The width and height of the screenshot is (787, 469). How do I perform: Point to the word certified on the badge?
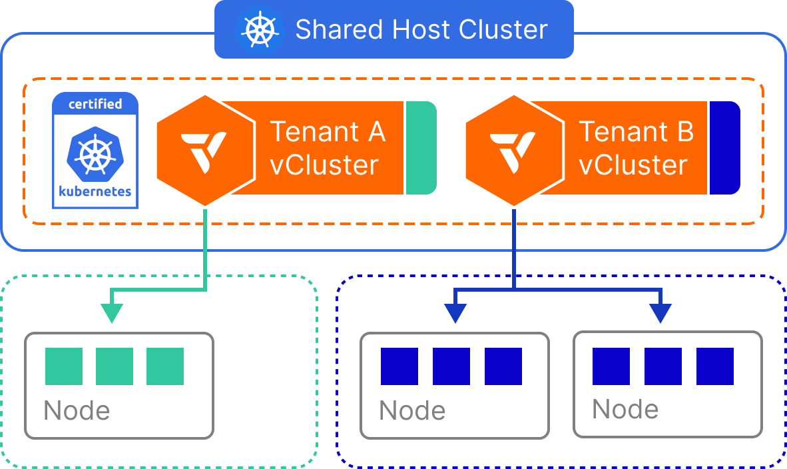coord(95,104)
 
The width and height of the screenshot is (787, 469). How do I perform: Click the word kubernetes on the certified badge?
coord(95,192)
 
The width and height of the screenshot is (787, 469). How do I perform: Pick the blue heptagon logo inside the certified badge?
coord(95,153)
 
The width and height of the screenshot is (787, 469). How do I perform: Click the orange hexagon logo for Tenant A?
coord(206,150)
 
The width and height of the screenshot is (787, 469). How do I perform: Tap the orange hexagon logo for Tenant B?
coord(514,150)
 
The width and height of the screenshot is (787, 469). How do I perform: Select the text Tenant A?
coord(327,132)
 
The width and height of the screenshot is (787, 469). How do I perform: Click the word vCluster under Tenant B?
coord(633,165)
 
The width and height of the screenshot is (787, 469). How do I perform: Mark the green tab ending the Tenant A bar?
coord(420,148)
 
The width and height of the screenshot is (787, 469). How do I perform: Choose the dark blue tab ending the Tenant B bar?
coord(724,148)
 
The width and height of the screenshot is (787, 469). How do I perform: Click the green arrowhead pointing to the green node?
coord(112,312)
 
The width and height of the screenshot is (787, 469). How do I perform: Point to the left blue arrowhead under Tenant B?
coord(455,312)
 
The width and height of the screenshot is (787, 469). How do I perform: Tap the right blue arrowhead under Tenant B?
coord(660,312)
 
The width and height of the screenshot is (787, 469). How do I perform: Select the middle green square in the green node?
coord(115,366)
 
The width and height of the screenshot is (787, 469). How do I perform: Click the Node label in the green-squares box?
coord(77,411)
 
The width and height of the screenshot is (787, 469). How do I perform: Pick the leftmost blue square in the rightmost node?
coord(611,366)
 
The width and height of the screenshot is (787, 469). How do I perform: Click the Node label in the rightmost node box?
coord(625,409)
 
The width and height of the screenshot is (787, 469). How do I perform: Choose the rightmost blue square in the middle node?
coord(503,366)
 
